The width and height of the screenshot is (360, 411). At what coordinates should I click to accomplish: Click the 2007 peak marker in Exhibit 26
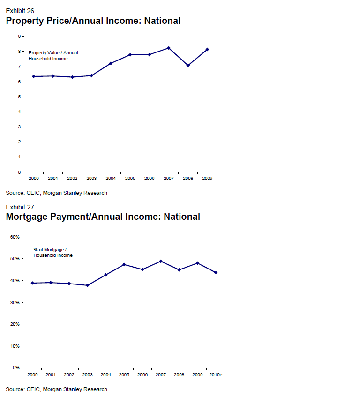pyautogui.click(x=169, y=48)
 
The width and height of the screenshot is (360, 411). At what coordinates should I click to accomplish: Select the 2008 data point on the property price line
pyautogui.click(x=188, y=66)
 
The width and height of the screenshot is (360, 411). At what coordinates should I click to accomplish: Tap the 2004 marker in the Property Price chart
pyautogui.click(x=111, y=63)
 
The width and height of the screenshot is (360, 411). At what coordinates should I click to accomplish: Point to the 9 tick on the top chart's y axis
pyautogui.click(x=19, y=37)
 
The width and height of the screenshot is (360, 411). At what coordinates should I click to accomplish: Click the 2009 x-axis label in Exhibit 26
pyautogui.click(x=207, y=179)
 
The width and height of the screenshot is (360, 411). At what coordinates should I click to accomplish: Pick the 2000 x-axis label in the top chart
pyautogui.click(x=33, y=179)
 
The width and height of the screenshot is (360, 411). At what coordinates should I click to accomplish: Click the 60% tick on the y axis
pyautogui.click(x=15, y=237)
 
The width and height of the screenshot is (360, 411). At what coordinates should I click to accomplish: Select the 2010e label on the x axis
pyautogui.click(x=216, y=375)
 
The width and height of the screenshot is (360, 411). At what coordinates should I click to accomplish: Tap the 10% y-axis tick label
pyautogui.click(x=15, y=346)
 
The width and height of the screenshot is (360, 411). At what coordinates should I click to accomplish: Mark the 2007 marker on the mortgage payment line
pyautogui.click(x=161, y=261)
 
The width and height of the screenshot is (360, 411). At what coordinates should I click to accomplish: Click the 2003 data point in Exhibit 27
pyautogui.click(x=88, y=285)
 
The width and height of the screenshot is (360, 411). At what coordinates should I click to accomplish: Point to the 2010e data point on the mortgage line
pyautogui.click(x=216, y=273)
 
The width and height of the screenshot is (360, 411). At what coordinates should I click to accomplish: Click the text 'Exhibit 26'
pyautogui.click(x=20, y=11)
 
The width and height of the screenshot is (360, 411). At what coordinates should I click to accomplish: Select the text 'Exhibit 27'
pyautogui.click(x=20, y=207)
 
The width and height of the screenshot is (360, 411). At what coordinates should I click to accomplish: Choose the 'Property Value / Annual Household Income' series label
pyautogui.click(x=53, y=56)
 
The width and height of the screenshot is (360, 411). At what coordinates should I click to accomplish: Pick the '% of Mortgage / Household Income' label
pyautogui.click(x=53, y=252)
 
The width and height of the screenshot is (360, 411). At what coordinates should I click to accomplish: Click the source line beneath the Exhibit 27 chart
pyautogui.click(x=56, y=389)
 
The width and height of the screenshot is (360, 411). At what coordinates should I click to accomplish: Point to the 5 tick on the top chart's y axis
pyautogui.click(x=19, y=97)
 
